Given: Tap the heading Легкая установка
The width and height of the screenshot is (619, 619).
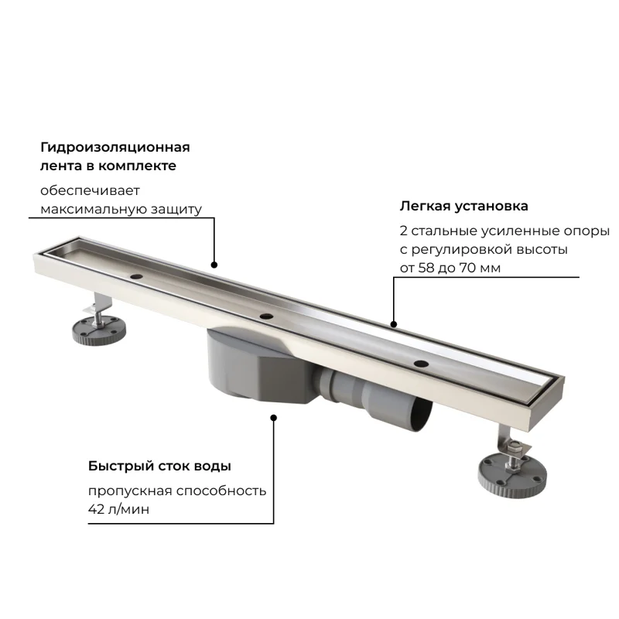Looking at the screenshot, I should [463, 207].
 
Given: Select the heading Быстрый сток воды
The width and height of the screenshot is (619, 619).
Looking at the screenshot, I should [159, 466].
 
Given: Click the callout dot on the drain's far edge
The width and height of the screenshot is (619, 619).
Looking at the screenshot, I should [214, 264].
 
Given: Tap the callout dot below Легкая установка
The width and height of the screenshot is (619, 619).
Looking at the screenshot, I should [394, 324].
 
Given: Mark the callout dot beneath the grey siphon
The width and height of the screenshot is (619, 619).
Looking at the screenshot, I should [273, 418].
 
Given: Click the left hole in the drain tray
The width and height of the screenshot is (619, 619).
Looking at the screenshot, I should [137, 275].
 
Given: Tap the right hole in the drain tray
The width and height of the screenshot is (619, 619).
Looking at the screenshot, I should [421, 363].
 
